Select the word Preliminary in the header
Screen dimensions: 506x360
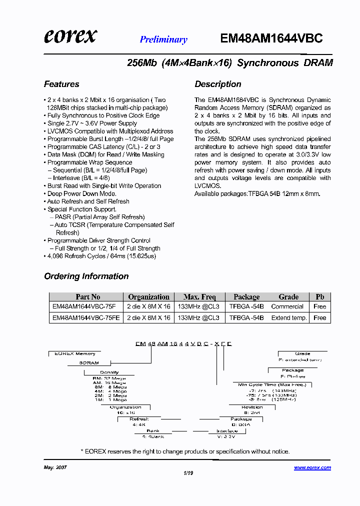point(163,39)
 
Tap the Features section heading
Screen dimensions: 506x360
point(61,84)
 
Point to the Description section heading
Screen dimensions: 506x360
point(217,84)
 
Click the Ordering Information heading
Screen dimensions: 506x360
point(86,276)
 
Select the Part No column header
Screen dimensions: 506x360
point(87,296)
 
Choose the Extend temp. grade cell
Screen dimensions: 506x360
point(288,317)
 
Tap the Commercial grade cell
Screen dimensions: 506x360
point(287,306)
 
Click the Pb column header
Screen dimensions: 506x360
point(320,296)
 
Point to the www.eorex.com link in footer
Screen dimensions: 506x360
point(312,467)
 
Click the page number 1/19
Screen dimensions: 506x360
point(188,474)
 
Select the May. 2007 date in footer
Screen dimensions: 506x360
point(55,467)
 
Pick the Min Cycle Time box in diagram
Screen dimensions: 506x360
point(271,384)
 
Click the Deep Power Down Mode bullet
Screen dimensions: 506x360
point(81,193)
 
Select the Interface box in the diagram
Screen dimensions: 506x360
point(226,431)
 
